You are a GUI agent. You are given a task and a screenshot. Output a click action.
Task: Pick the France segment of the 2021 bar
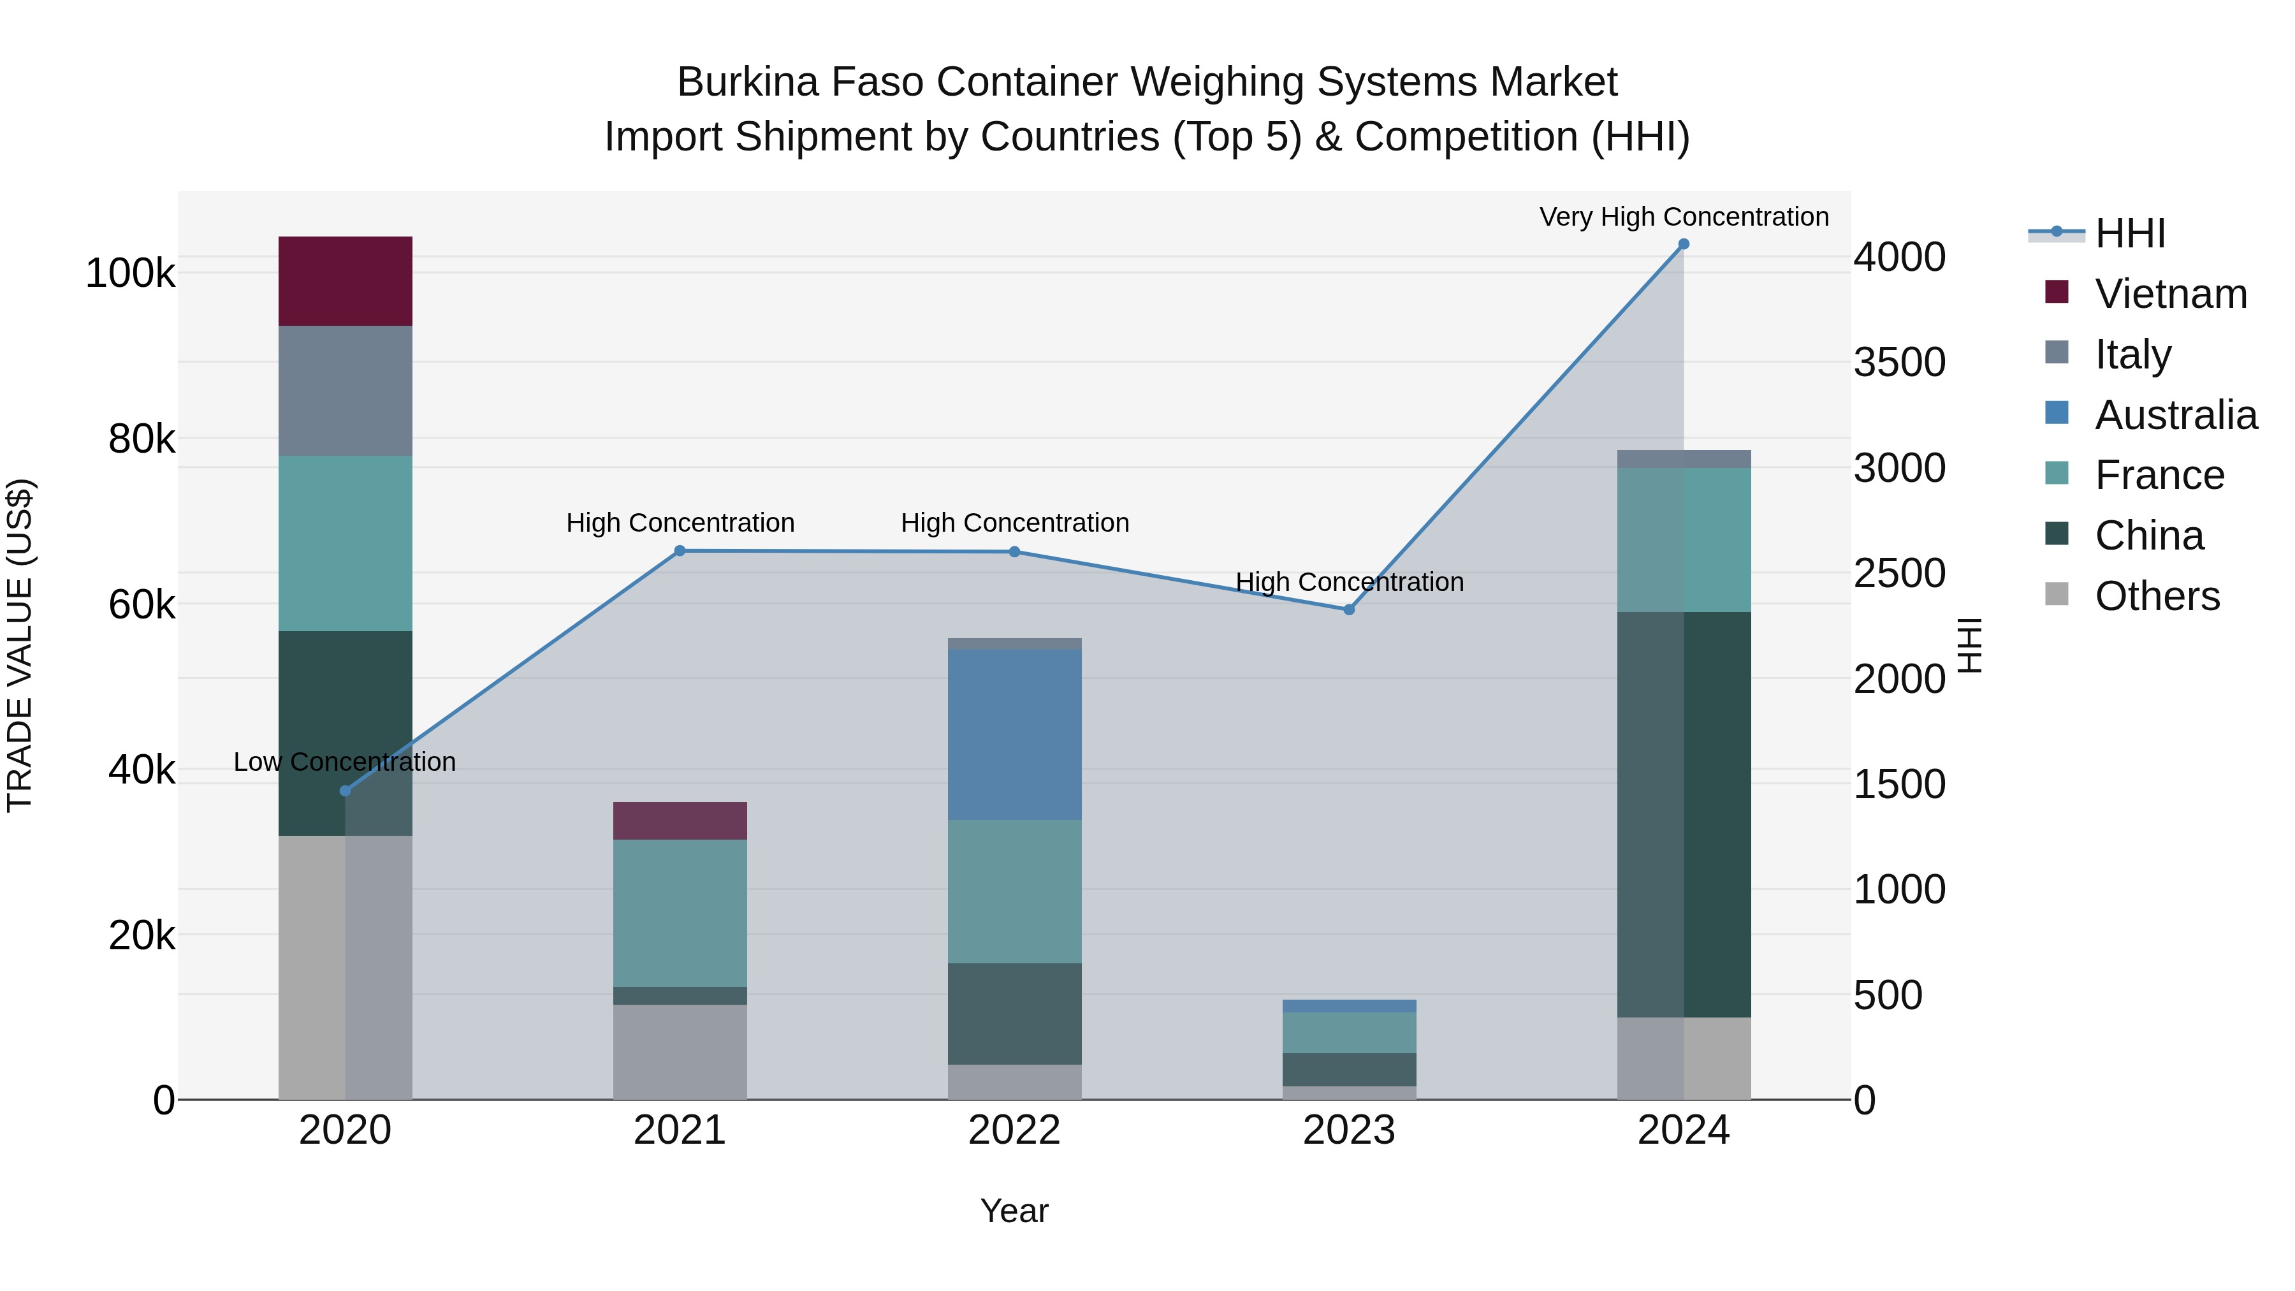pyautogui.click(x=680, y=912)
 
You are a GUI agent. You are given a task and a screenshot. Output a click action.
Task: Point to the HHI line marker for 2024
pyautogui.click(x=1683, y=244)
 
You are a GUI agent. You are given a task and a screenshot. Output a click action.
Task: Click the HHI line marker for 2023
pyautogui.click(x=1349, y=609)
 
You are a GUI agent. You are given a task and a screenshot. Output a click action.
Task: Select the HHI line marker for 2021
pyautogui.click(x=680, y=551)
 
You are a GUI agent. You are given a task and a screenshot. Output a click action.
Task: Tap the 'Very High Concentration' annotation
pyautogui.click(x=1683, y=217)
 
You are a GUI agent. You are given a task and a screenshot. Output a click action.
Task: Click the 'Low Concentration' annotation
pyautogui.click(x=345, y=762)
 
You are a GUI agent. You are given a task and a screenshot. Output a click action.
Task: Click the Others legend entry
pyautogui.click(x=2156, y=596)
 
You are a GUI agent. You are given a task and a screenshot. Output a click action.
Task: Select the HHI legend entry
pyautogui.click(x=2129, y=233)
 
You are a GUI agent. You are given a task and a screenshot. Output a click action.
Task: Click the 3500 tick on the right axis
pyautogui.click(x=1900, y=363)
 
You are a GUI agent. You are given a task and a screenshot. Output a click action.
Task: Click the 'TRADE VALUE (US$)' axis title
pyautogui.click(x=20, y=645)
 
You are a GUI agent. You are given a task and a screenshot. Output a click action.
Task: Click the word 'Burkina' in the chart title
pyautogui.click(x=748, y=82)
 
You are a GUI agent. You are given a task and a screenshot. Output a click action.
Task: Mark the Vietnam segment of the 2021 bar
pyautogui.click(x=680, y=821)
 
